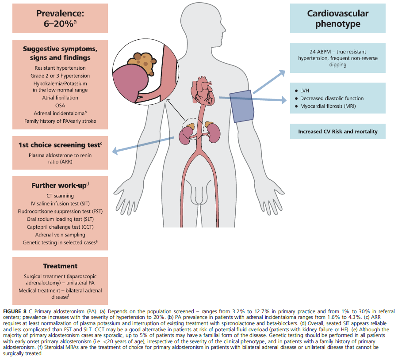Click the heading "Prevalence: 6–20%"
click(x=60, y=18)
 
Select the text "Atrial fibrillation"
click(x=60, y=98)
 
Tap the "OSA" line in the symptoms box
click(x=60, y=106)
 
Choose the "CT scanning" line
click(x=60, y=196)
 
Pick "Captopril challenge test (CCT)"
click(x=60, y=227)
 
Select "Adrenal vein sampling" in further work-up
click(x=60, y=235)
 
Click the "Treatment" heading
click(x=60, y=266)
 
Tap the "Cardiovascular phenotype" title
click(x=337, y=18)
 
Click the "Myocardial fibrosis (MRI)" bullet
click(x=327, y=106)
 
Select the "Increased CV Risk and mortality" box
click(x=337, y=132)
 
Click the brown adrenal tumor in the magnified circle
click(x=141, y=61)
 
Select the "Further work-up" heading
click(x=59, y=186)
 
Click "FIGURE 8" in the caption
click(x=15, y=306)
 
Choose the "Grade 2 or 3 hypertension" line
click(x=60, y=76)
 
